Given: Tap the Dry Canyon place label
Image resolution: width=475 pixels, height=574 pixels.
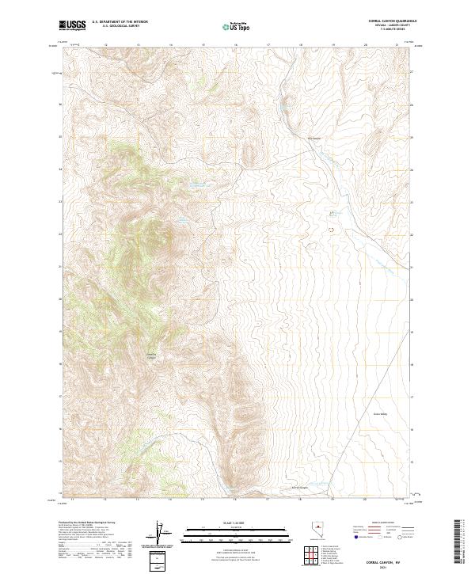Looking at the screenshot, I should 314,138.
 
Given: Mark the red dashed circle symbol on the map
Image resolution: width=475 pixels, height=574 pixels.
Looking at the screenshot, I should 331,230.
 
